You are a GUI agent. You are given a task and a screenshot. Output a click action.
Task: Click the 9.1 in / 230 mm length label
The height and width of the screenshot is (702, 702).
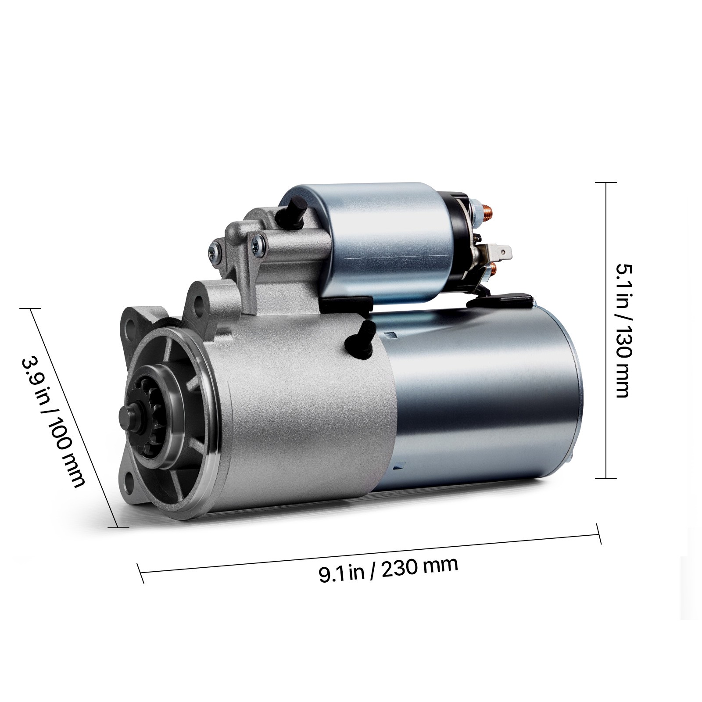pyautogui.click(x=387, y=570)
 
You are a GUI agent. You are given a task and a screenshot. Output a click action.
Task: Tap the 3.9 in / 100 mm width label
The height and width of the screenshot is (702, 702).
pyautogui.click(x=52, y=421)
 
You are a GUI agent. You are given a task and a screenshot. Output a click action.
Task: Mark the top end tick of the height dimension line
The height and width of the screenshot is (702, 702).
pyautogui.click(x=605, y=182)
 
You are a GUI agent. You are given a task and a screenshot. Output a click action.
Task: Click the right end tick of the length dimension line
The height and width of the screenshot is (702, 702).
pyautogui.click(x=598, y=534)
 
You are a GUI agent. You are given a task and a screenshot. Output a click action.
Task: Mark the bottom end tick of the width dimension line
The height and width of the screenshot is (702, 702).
pyautogui.click(x=118, y=527)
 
